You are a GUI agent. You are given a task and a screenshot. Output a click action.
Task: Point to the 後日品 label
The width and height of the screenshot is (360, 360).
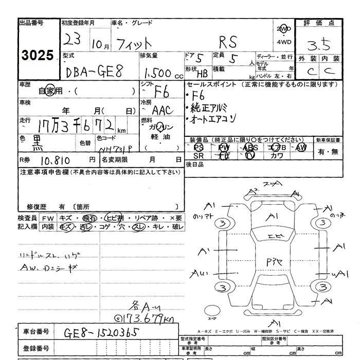(x=195, y=165)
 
